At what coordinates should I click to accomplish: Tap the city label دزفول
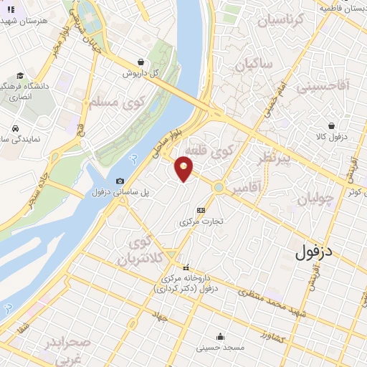[x=316, y=252]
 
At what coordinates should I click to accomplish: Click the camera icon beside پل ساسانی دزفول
[x=120, y=181]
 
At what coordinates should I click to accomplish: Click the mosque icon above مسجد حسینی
[x=223, y=337]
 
